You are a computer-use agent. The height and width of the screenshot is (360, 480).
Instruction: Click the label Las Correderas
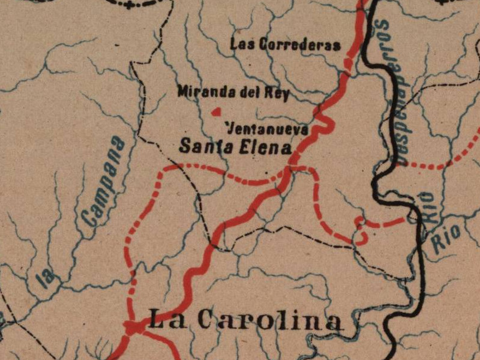click(x=285, y=44)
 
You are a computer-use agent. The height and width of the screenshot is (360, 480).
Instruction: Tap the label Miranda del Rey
click(x=233, y=92)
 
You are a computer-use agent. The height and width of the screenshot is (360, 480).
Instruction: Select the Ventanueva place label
click(x=268, y=129)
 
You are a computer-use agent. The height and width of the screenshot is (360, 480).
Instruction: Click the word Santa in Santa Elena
click(x=206, y=146)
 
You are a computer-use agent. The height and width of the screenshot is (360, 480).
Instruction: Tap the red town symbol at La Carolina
click(x=133, y=328)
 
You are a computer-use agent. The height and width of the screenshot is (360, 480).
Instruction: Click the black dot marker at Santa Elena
click(x=294, y=161)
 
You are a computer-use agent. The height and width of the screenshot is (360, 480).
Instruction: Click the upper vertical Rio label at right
click(x=427, y=207)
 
